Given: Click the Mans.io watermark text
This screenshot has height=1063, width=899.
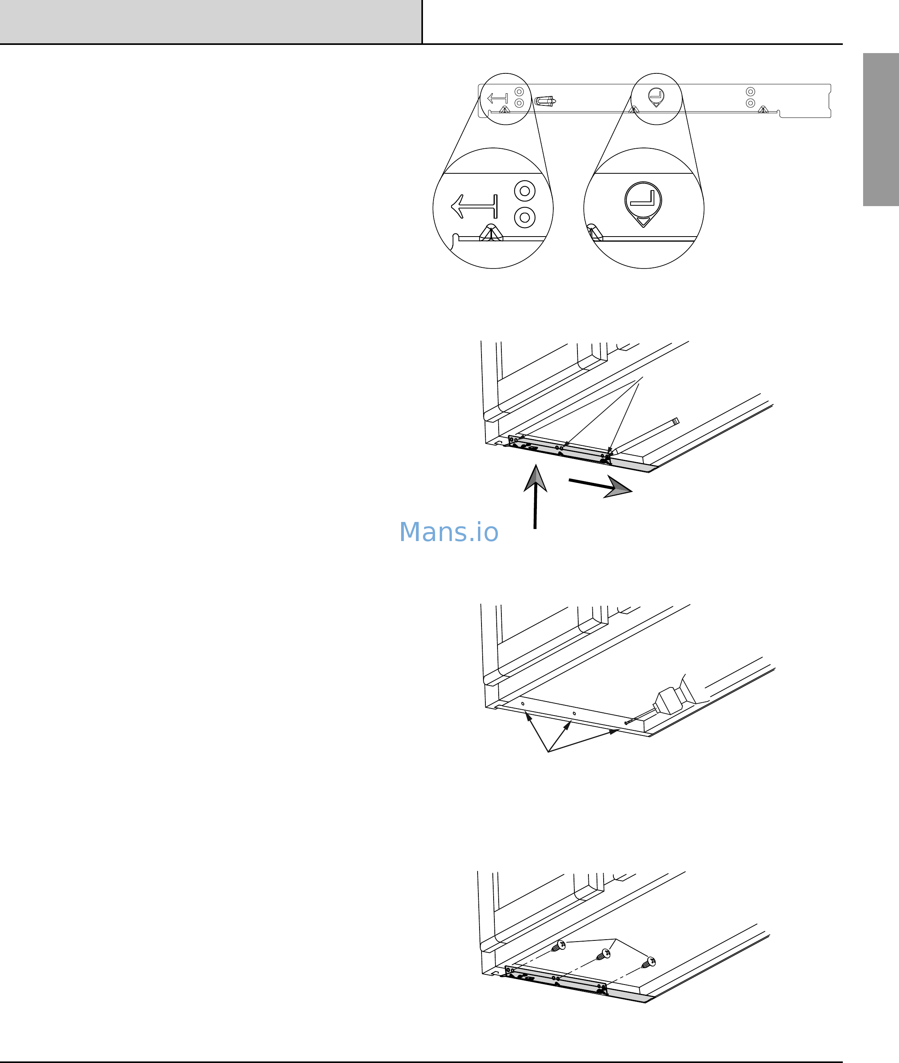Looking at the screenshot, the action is point(448,532).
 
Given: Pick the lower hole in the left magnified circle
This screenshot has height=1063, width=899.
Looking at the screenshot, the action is point(524,217).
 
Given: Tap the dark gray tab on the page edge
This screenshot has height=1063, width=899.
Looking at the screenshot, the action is point(881,130).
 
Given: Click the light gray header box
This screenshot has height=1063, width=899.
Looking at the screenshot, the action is point(210,21).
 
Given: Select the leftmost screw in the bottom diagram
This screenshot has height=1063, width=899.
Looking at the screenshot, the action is point(559,946).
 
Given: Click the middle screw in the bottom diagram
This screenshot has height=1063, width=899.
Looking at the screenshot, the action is point(603,954).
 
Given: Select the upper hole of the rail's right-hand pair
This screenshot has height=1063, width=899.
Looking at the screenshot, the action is point(750,92).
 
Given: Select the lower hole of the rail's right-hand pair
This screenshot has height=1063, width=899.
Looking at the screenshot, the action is point(750,103).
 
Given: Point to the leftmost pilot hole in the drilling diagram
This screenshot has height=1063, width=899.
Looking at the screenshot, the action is point(522,703).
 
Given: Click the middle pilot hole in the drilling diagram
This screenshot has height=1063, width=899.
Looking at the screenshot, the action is point(574,713).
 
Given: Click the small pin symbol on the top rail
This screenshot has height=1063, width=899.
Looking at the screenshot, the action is point(656,97).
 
